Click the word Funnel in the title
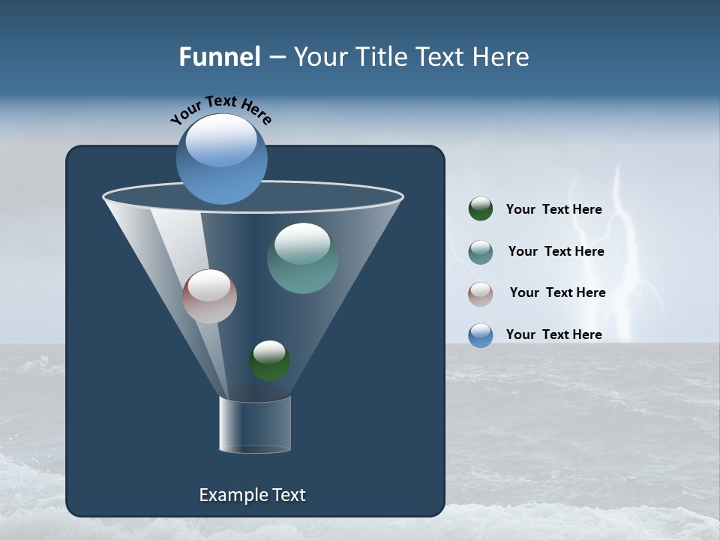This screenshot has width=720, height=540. pos(220,57)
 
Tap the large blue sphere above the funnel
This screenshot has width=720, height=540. pos(222,158)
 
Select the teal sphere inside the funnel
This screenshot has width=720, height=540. pos(302,258)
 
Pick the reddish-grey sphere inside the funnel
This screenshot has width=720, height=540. pos(210,296)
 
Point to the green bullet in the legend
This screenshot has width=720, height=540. pos(481,209)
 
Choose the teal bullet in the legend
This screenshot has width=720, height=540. pos(481,252)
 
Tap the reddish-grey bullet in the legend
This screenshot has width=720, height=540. pos(481,293)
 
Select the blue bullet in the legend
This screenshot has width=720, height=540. pos(481,335)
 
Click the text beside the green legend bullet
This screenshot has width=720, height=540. pos(553,210)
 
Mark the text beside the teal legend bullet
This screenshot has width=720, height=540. pos(556,252)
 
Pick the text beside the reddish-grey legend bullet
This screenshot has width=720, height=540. pos(557,293)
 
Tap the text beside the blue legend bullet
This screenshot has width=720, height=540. pos(553,334)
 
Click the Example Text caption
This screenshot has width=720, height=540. pos(252,495)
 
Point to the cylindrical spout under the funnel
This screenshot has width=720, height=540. pos(254,425)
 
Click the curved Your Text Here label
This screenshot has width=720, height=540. pos(220,109)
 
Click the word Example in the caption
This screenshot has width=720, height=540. pos(230,495)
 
